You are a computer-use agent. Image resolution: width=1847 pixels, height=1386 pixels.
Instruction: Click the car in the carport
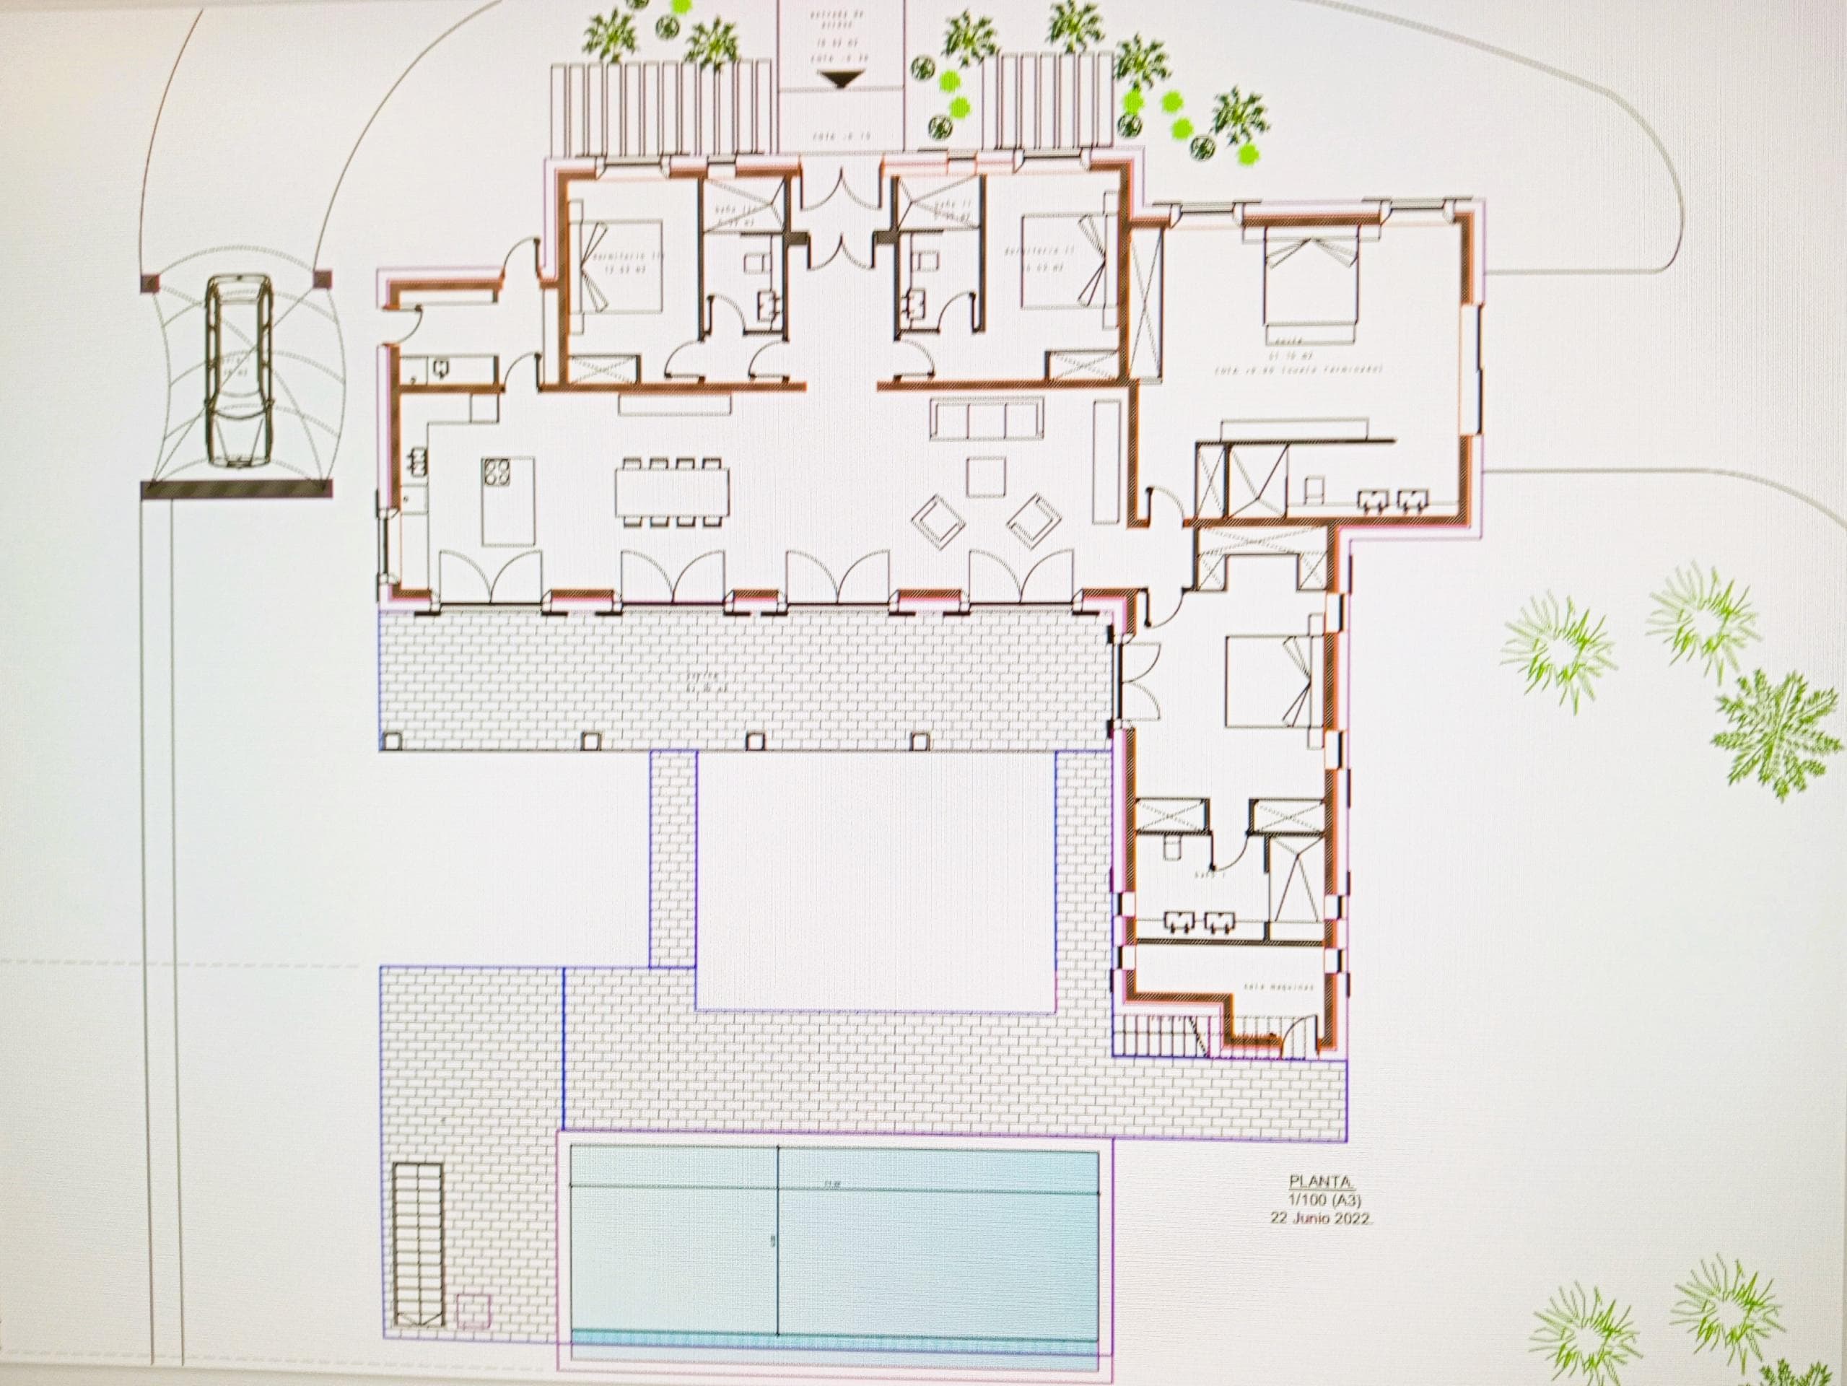(x=239, y=372)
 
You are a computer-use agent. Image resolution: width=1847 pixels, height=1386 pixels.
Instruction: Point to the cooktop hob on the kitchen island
(x=496, y=473)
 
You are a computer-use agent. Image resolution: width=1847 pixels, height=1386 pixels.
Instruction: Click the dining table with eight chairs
(x=671, y=491)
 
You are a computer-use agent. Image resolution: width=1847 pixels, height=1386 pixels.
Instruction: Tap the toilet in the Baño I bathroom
(x=1171, y=847)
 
